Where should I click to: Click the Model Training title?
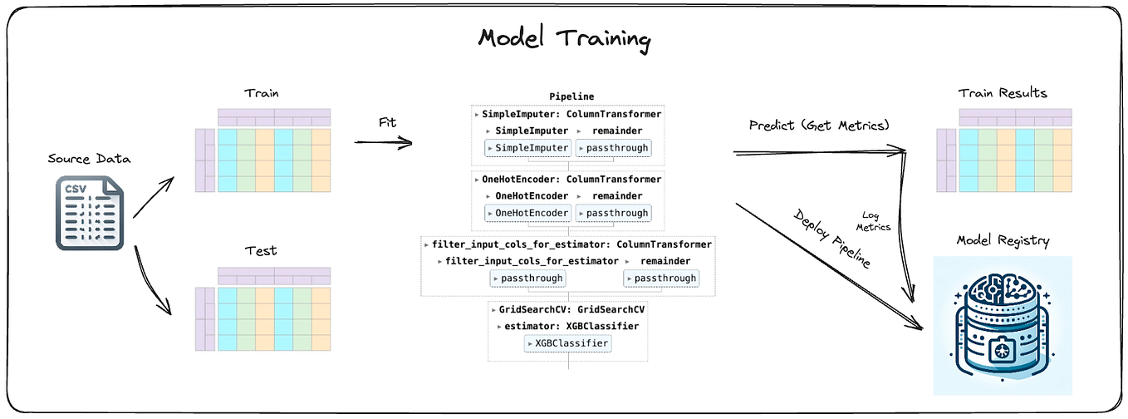coord(565,40)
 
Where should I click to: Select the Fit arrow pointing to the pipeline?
coord(384,142)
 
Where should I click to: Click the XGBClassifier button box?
coord(568,343)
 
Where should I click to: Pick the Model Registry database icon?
coord(1003,325)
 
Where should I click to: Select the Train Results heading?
coord(1003,93)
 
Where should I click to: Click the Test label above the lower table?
coord(261,250)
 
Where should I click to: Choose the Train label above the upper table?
coord(260,93)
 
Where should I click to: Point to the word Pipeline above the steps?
coord(571,97)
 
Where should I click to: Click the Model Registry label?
coord(1003,241)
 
